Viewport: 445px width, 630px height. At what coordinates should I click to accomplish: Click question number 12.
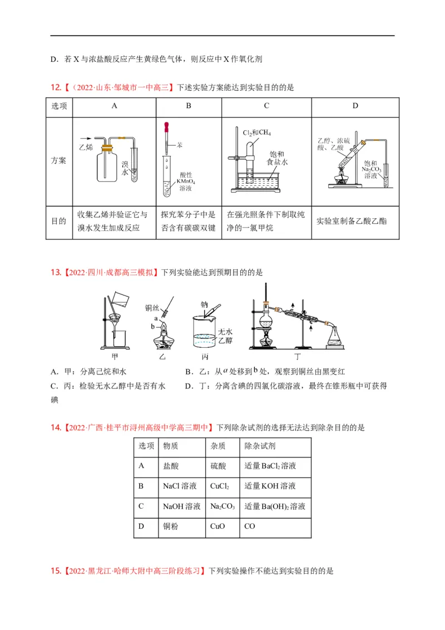(x=55, y=87)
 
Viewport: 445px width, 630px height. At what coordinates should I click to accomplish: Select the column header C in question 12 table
(x=266, y=106)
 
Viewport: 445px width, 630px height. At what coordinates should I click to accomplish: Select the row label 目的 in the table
(x=59, y=221)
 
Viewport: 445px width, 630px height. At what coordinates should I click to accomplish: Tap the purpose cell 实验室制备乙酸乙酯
(x=351, y=221)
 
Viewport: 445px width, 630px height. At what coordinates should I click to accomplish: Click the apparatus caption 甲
(x=115, y=356)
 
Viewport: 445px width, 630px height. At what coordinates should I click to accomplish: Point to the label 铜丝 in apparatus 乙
(x=152, y=307)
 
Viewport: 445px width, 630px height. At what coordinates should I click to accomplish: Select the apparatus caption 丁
(x=295, y=356)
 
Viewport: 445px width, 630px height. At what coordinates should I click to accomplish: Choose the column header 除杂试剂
(x=260, y=446)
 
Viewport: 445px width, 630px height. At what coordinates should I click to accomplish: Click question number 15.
(x=55, y=571)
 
